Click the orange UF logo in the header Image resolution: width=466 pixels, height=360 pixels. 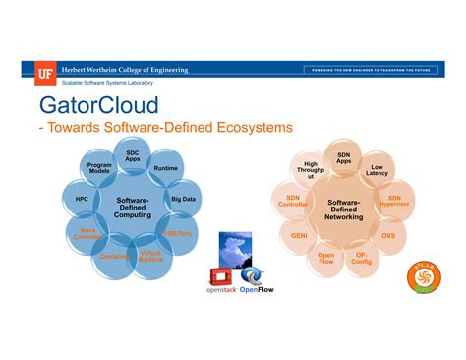click(45, 70)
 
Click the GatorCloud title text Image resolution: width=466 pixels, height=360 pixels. click(97, 104)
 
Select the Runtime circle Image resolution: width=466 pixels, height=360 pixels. click(165, 168)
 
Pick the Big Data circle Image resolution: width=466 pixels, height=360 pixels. click(183, 199)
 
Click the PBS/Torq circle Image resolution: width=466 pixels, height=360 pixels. click(177, 234)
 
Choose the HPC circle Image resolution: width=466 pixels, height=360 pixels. click(82, 200)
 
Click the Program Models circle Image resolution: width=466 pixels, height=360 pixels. click(99, 168)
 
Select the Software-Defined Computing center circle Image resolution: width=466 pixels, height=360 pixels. click(133, 207)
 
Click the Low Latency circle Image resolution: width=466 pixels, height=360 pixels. click(377, 169)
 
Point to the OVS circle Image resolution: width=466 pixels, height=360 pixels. click(388, 236)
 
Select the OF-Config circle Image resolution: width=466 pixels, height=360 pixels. click(362, 258)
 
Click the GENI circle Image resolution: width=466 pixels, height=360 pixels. click(299, 236)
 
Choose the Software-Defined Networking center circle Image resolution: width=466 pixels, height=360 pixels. click(344, 208)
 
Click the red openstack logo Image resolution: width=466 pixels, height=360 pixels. click(221, 280)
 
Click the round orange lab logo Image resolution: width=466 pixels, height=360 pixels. click(424, 279)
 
